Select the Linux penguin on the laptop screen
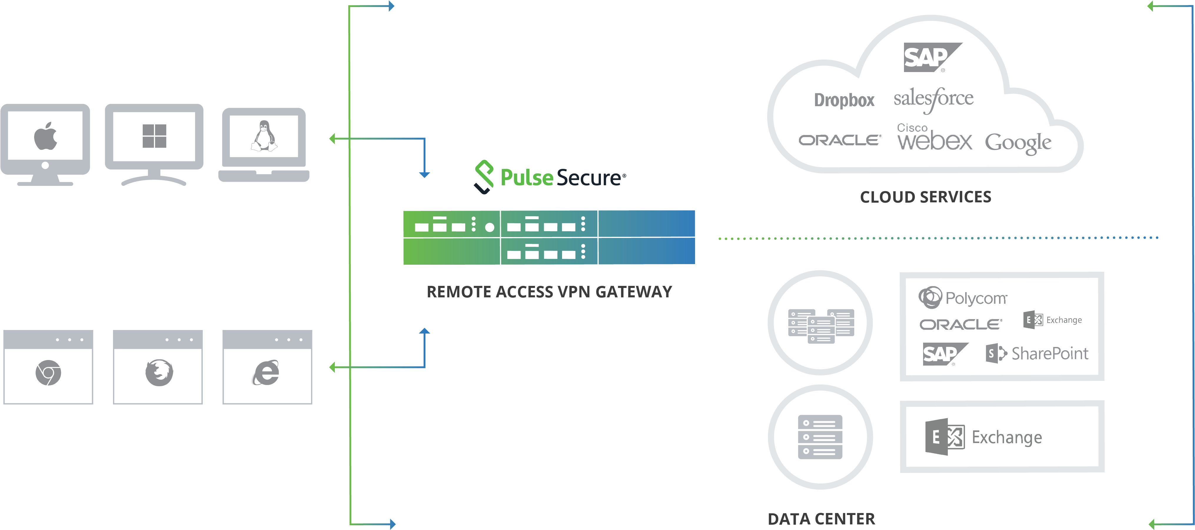[x=264, y=136]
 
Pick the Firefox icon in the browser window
[x=159, y=372]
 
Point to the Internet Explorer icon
[x=266, y=372]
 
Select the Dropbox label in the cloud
[x=844, y=100]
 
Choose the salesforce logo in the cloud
[x=933, y=99]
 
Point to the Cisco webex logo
[x=934, y=137]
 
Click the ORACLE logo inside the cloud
[x=840, y=140]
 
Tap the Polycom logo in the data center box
[x=963, y=297]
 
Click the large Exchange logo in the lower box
[x=983, y=437]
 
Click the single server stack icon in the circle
[x=820, y=437]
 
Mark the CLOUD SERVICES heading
[x=925, y=197]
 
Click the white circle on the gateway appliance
[x=489, y=227]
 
